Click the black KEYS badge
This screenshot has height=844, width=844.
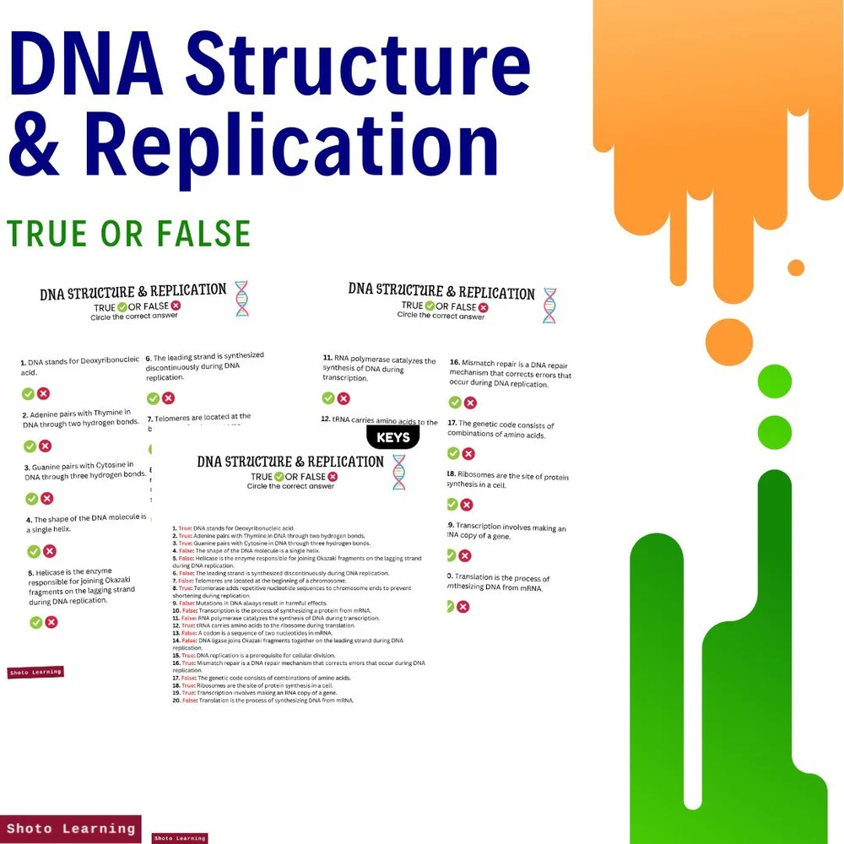[x=393, y=437]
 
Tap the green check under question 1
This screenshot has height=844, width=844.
[x=28, y=393]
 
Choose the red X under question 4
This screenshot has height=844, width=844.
[x=50, y=551]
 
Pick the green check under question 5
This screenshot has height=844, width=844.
[x=36, y=622]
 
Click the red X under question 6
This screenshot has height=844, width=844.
[x=169, y=398]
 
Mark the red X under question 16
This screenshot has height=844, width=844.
[x=470, y=403]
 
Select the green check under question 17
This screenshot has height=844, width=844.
[x=453, y=454]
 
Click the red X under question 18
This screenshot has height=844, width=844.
[x=467, y=505]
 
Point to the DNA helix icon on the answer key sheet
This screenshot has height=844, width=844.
[x=398, y=472]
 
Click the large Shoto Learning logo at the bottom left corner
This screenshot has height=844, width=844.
[x=70, y=828]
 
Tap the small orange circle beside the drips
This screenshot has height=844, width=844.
[x=796, y=268]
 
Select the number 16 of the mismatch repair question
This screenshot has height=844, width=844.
[x=454, y=362]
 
